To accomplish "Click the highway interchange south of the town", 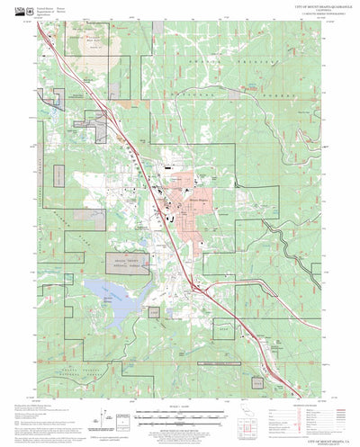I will [x=193, y=286].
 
